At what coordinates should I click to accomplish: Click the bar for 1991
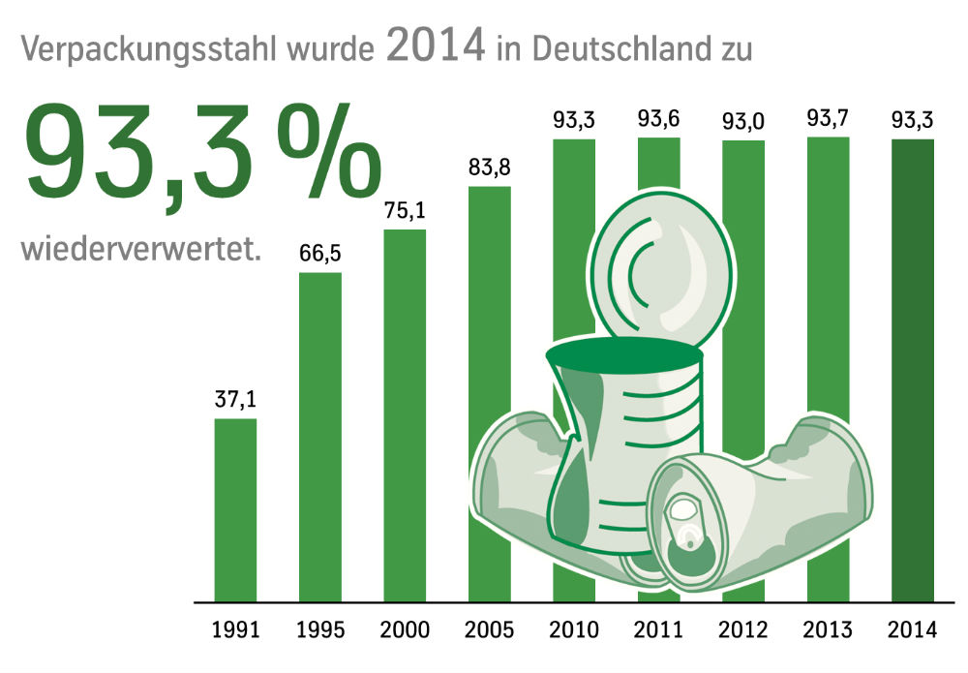235,509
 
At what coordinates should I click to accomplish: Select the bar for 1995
319,436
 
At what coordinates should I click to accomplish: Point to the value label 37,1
235,398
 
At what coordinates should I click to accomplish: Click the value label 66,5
319,253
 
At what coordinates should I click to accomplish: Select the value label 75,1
405,210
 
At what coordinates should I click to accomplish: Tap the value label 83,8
490,167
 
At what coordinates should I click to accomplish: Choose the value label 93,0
743,122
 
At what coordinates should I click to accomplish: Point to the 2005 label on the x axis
490,631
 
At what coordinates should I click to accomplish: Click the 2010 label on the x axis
574,631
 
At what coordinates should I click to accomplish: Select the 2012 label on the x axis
743,631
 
